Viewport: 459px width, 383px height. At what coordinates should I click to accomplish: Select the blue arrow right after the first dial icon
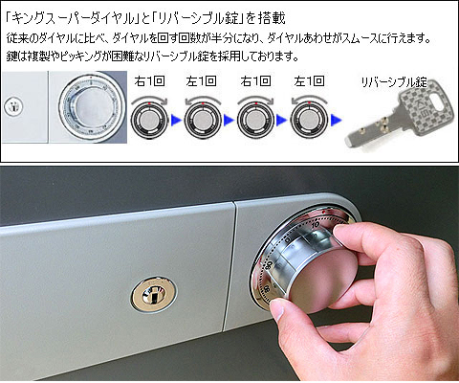click(176, 121)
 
